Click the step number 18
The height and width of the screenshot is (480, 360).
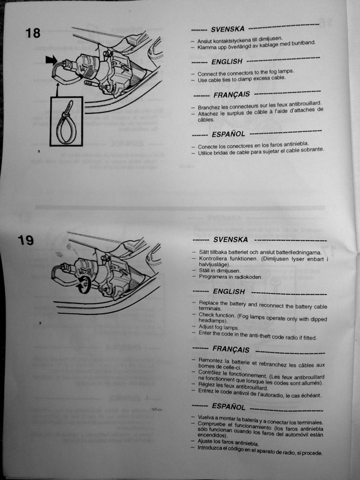(33, 33)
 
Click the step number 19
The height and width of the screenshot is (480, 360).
(25, 240)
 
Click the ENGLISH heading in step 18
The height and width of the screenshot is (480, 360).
(227, 62)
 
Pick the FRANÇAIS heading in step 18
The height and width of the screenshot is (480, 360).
(232, 95)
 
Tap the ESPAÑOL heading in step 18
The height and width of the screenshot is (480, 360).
(229, 134)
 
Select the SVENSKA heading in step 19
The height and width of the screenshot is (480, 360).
(230, 239)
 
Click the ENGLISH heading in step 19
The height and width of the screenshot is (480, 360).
(229, 292)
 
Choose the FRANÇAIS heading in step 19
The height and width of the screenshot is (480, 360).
(231, 349)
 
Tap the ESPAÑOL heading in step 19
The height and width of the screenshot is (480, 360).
(229, 407)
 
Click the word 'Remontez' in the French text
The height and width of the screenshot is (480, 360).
(210, 360)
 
